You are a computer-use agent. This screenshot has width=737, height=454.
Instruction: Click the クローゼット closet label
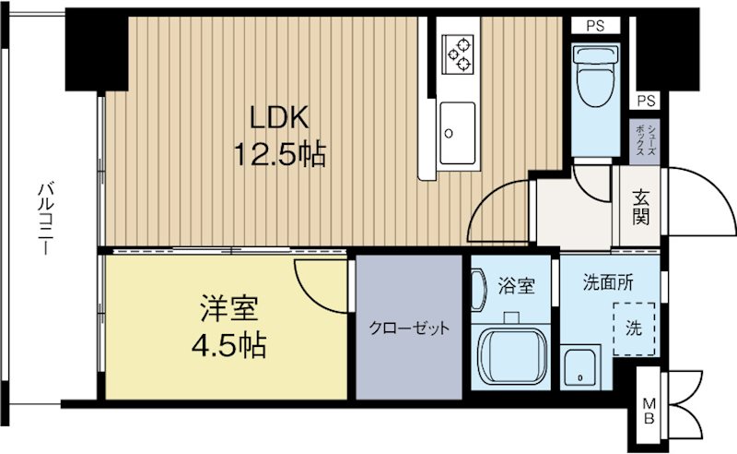pyautogui.click(x=409, y=329)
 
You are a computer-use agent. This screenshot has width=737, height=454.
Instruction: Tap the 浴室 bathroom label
pyautogui.click(x=515, y=286)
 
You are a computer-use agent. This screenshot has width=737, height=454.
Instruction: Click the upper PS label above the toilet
pyautogui.click(x=593, y=26)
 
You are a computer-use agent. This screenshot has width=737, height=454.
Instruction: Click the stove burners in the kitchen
pyautogui.click(x=457, y=54)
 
